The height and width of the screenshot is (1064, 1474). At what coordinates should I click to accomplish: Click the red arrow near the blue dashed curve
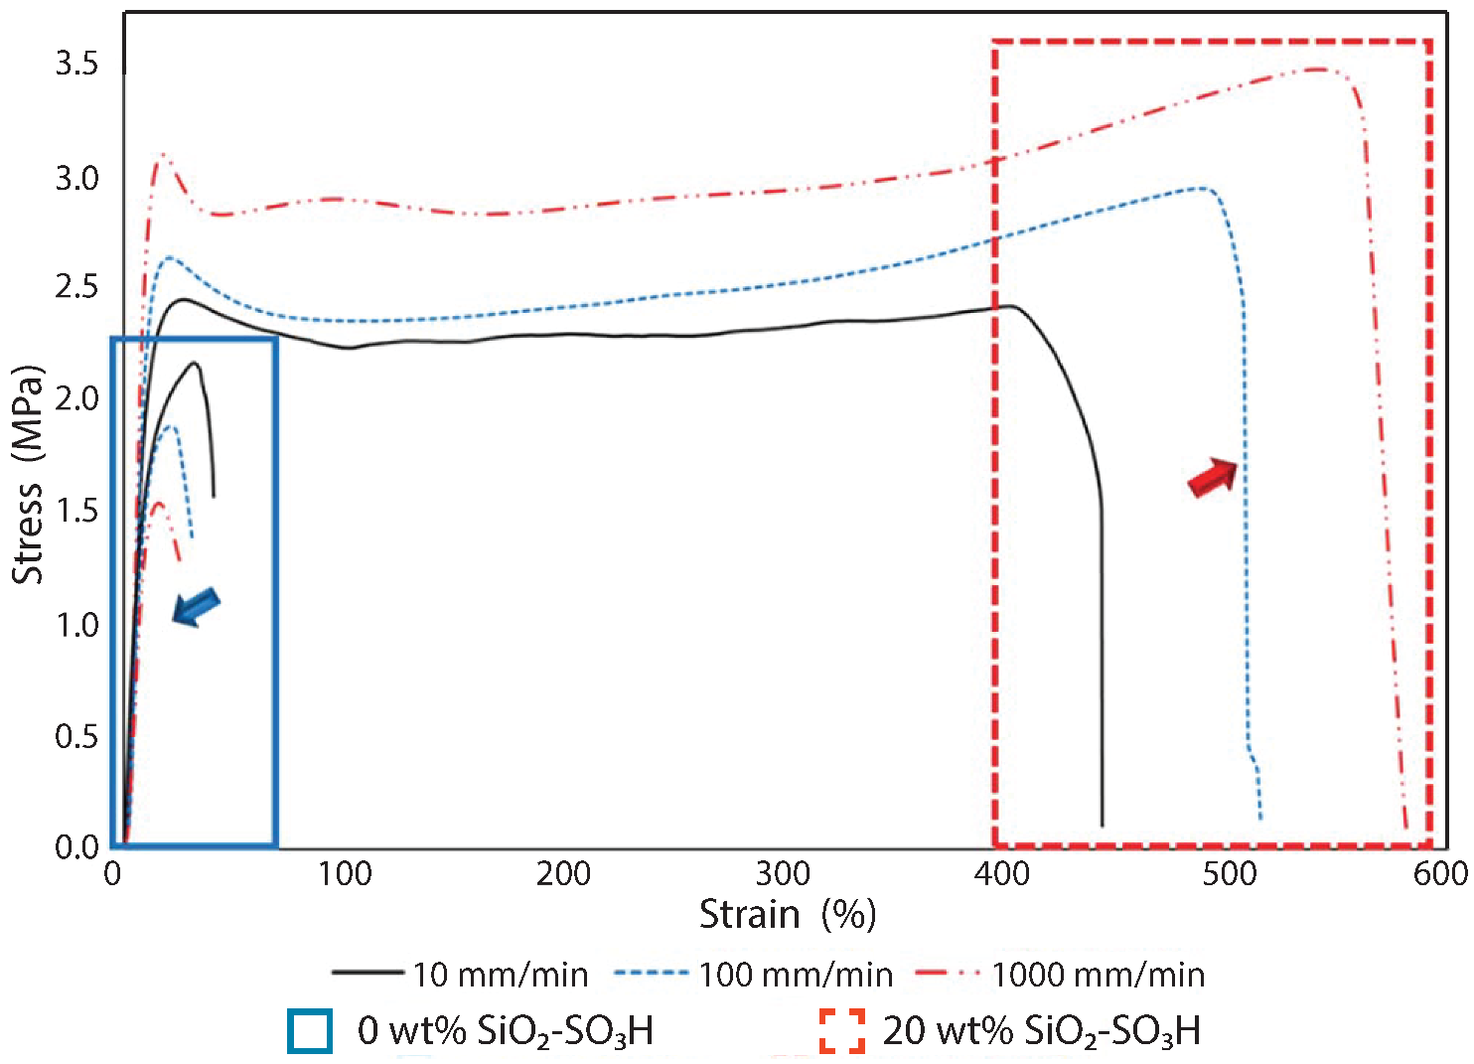[x=1213, y=477]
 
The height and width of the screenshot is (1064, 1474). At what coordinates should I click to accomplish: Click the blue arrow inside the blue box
[x=196, y=606]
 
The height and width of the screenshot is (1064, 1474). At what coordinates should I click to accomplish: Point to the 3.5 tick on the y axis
[x=76, y=65]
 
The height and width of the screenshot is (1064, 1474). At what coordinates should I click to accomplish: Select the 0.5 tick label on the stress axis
[x=76, y=737]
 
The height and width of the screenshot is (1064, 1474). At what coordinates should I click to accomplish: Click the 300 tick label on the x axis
[x=783, y=874]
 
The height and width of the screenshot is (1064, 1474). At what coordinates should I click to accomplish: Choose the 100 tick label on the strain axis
[x=344, y=874]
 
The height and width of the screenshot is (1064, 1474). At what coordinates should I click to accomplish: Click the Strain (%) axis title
[x=787, y=914]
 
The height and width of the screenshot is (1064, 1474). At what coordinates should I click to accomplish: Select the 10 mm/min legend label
[x=501, y=975]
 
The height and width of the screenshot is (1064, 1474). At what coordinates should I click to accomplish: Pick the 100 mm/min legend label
[x=796, y=975]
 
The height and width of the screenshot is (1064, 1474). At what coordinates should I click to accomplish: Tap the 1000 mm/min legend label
[x=1098, y=975]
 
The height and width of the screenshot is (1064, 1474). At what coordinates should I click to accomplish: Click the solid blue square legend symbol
[x=310, y=1031]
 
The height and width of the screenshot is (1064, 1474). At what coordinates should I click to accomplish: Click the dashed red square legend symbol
[x=841, y=1031]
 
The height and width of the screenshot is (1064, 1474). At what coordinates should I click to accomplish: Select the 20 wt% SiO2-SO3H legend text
[x=1041, y=1031]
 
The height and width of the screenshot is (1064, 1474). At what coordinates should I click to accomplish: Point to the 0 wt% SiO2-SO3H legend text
[x=505, y=1031]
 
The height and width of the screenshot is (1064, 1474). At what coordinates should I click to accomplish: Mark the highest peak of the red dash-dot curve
[x=1318, y=69]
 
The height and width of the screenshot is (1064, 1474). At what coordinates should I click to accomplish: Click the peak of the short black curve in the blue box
[x=195, y=364]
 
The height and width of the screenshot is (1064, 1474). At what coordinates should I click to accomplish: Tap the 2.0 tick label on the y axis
[x=76, y=399]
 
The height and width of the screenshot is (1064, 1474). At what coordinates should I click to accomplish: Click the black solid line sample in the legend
[x=367, y=973]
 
